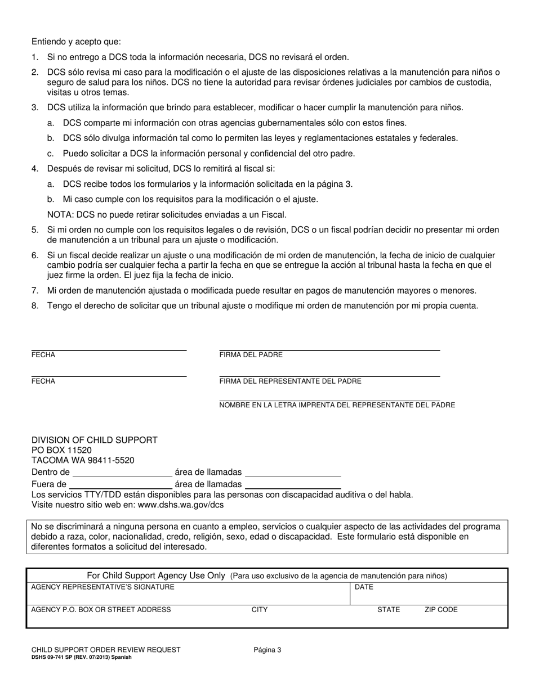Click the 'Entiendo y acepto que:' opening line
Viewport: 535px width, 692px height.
(x=76, y=42)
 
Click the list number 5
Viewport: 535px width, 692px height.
(x=35, y=230)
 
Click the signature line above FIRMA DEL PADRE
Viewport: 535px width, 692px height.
(x=329, y=349)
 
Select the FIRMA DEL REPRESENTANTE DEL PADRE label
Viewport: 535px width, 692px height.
(x=290, y=381)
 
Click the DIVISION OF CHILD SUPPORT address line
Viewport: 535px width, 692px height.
(x=94, y=440)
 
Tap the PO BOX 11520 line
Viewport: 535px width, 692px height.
(x=61, y=450)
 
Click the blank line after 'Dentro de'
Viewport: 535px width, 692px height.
(x=122, y=475)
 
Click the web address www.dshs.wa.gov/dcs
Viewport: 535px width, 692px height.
(x=181, y=505)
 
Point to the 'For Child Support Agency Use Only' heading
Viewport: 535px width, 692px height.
(x=156, y=576)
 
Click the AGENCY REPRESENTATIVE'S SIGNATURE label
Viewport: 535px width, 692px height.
(x=102, y=587)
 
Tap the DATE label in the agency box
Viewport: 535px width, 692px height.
(x=364, y=587)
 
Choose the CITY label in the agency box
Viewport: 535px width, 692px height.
(x=260, y=610)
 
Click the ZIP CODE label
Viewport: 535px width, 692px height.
(x=441, y=610)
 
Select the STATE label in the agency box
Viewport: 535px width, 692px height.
(x=389, y=610)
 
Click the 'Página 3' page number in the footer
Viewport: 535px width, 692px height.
(x=267, y=650)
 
